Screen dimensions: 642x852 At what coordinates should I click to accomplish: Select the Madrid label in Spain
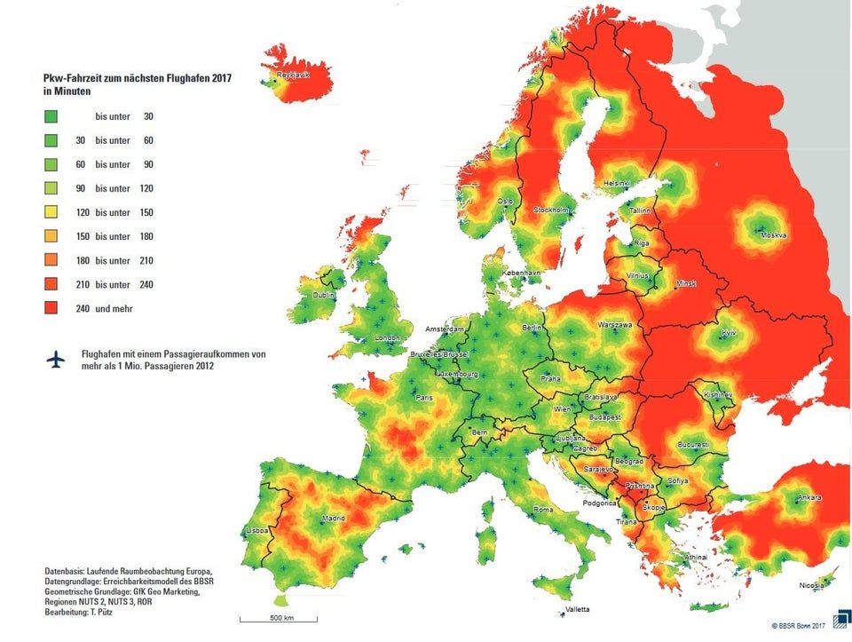pyautogui.click(x=334, y=518)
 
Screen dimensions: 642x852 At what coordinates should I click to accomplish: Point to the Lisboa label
pyautogui.click(x=256, y=532)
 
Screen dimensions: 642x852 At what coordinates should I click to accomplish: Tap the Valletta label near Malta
pyautogui.click(x=576, y=610)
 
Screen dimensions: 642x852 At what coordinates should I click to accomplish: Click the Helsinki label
pyautogui.click(x=616, y=184)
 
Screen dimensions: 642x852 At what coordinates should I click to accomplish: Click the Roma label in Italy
pyautogui.click(x=542, y=510)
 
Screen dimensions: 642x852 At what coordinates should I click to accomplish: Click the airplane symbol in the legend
pyautogui.click(x=55, y=359)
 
